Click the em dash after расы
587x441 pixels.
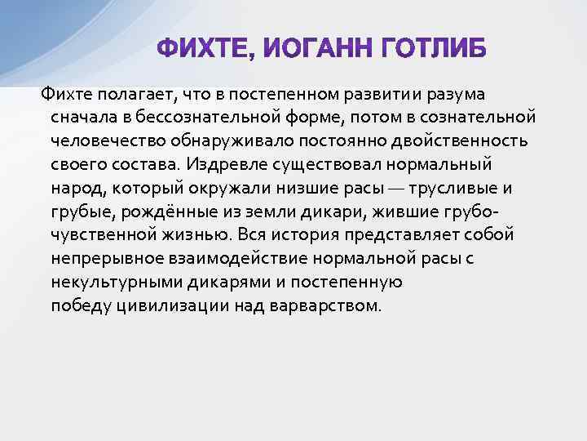391,189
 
